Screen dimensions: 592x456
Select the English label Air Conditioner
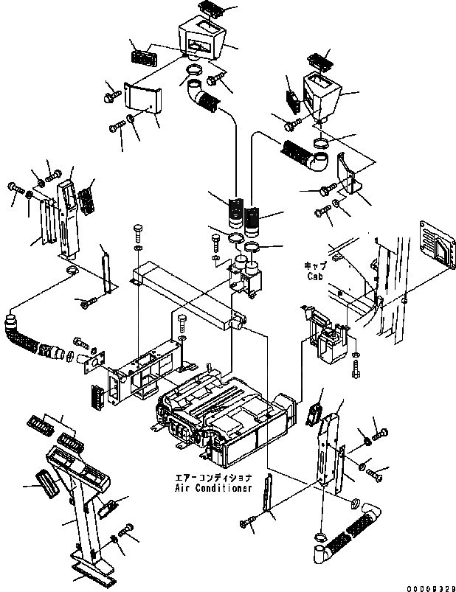(213, 488)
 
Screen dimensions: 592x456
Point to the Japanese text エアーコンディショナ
(213, 477)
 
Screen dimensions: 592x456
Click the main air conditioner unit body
(229, 417)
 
